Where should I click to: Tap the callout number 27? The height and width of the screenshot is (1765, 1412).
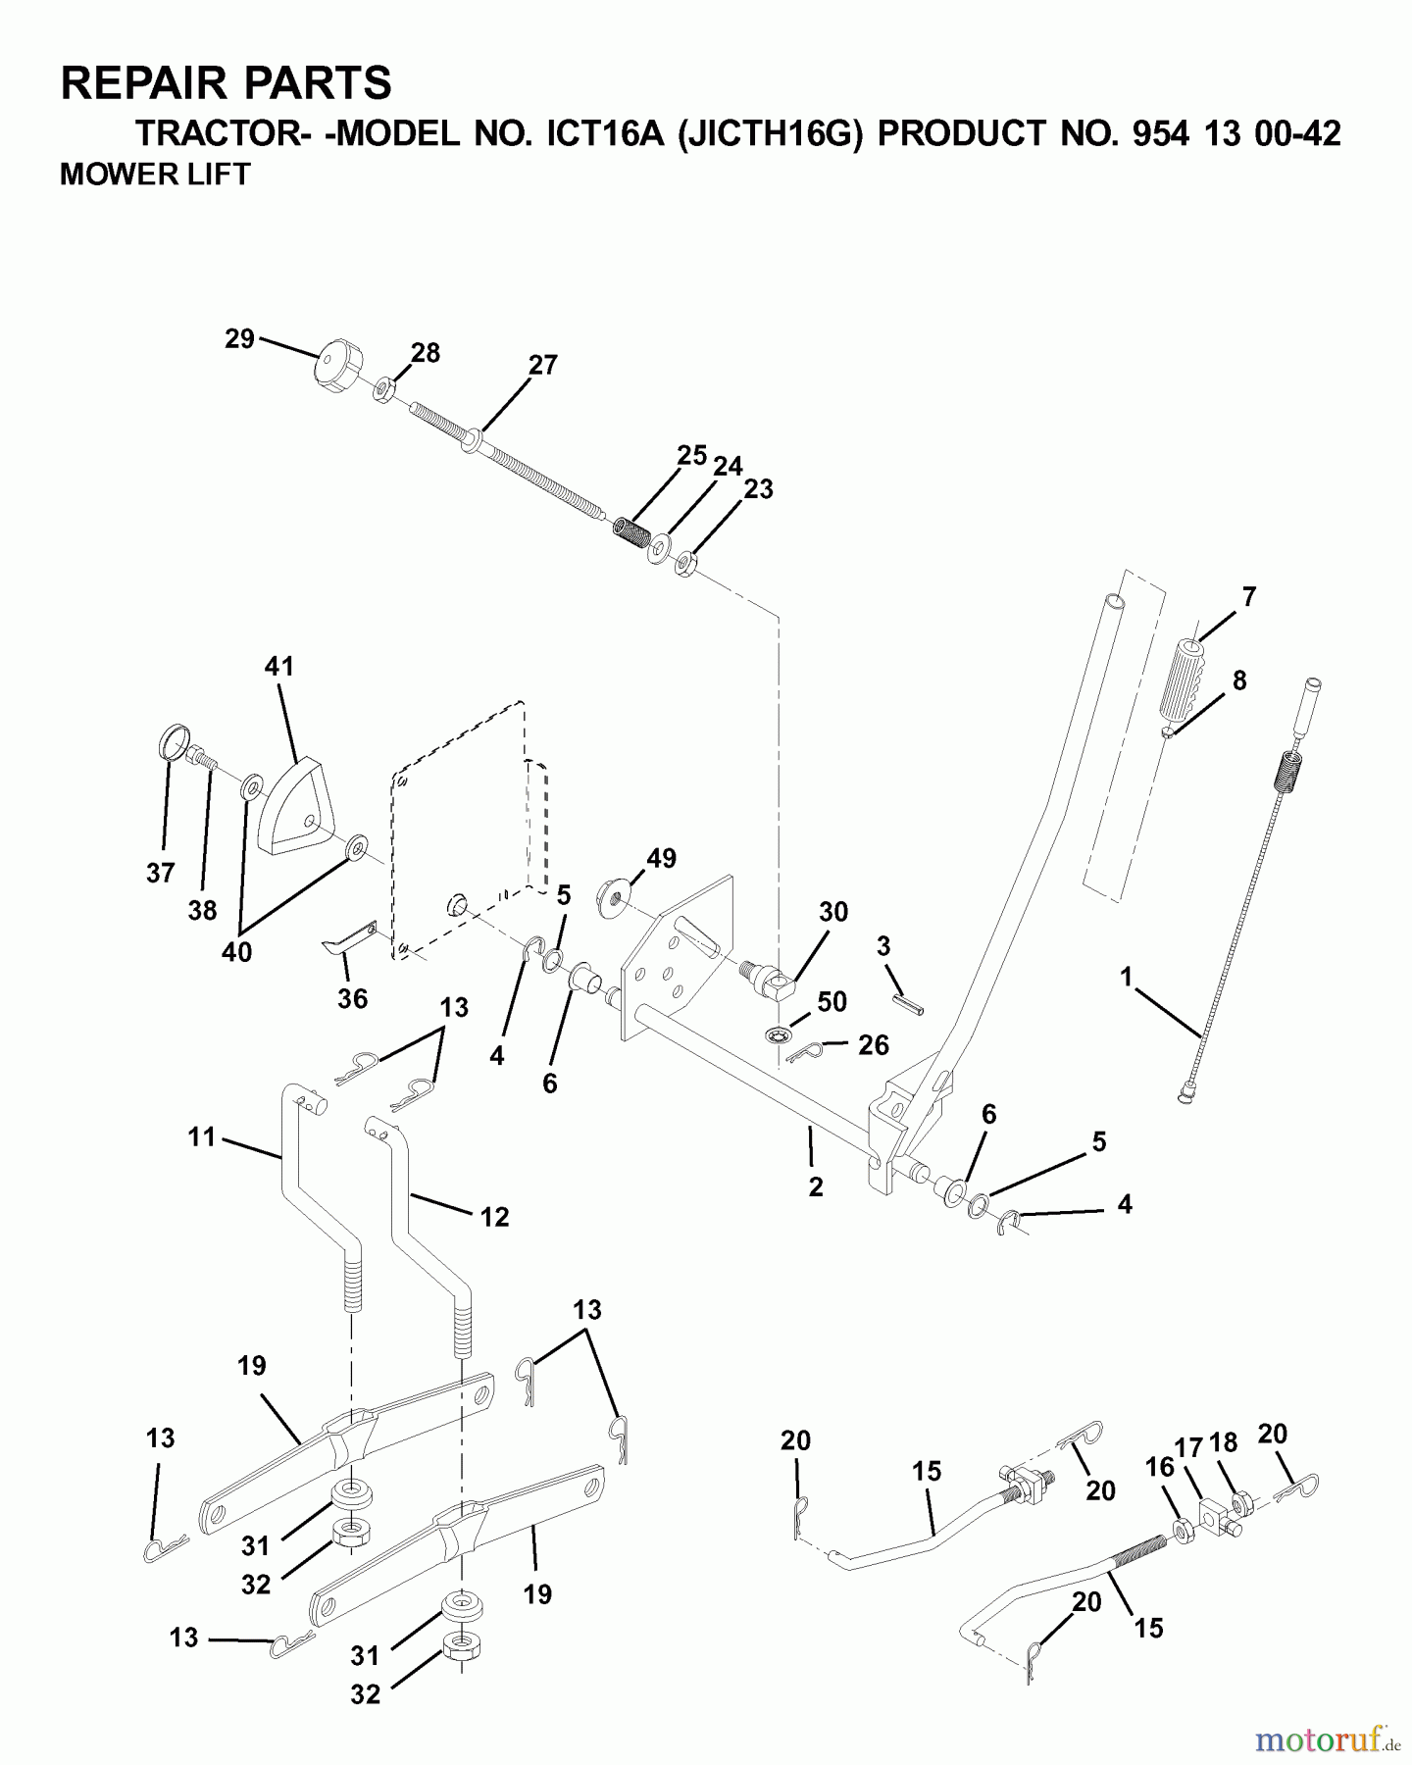(x=542, y=365)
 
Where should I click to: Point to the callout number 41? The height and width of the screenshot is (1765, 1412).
(x=279, y=667)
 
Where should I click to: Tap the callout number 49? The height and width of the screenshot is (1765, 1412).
(x=661, y=858)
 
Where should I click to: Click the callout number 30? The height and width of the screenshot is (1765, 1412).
(x=832, y=911)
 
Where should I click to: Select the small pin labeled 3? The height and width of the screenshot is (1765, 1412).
(x=908, y=1004)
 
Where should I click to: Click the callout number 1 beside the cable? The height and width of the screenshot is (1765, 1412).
(x=1127, y=977)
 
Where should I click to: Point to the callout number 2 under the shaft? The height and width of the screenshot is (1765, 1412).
(x=815, y=1186)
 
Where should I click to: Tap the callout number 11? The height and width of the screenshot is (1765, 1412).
(x=201, y=1136)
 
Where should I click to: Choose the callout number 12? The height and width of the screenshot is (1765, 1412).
(x=494, y=1217)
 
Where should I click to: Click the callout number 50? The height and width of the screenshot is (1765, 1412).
(x=832, y=1001)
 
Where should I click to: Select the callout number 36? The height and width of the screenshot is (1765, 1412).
(x=352, y=998)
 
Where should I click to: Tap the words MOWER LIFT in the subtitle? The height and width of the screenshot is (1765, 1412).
(x=155, y=175)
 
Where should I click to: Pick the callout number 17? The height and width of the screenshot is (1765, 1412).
(x=1188, y=1447)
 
